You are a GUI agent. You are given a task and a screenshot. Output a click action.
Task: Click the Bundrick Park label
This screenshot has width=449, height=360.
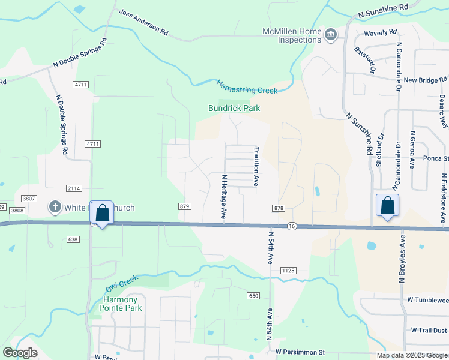[x=234, y=109]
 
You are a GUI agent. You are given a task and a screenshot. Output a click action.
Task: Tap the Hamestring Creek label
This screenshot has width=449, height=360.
[x=247, y=87]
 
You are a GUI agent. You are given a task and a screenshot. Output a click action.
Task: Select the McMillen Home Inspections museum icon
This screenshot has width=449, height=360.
[x=330, y=35]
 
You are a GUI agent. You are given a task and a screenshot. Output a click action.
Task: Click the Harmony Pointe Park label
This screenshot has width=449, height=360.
[x=121, y=304]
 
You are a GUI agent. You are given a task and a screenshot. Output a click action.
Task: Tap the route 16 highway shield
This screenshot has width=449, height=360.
[x=292, y=226]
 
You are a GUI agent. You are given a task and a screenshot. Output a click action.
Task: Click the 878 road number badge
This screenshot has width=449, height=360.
[x=278, y=208]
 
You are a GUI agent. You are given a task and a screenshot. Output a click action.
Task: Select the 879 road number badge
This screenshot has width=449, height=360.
[x=184, y=206]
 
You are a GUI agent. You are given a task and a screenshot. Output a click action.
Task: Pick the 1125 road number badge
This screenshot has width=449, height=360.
[x=288, y=271]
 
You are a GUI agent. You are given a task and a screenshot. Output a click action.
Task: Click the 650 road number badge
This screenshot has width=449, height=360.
[x=253, y=296]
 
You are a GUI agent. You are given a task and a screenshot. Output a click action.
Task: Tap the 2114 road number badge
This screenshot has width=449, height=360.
[x=74, y=188]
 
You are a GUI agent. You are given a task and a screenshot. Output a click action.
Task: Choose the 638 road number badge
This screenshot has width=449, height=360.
[x=73, y=239]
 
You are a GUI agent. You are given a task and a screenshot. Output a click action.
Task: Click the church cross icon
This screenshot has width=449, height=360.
[x=55, y=208]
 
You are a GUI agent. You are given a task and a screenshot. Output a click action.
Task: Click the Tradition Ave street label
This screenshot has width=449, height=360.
[x=256, y=166]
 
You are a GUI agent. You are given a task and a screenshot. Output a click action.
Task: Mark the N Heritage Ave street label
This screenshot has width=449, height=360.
[x=223, y=196]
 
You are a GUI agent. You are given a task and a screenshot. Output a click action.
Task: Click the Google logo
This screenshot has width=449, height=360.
[x=20, y=353]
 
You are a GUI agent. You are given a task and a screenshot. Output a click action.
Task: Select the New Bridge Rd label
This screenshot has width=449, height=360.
[x=425, y=80]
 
